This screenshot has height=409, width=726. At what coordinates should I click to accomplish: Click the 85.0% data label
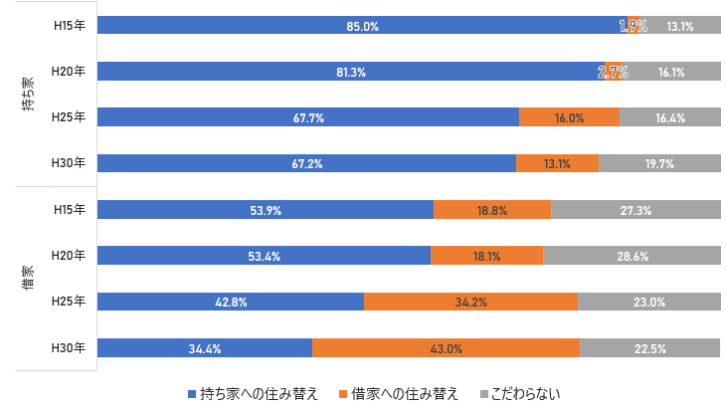coord(363,27)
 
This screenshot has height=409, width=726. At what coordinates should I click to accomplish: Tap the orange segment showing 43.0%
coord(446,348)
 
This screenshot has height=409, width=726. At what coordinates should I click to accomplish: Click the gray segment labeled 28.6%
coord(632,257)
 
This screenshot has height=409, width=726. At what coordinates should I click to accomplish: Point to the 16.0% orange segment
coord(569,118)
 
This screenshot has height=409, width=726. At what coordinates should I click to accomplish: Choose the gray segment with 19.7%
coord(658,164)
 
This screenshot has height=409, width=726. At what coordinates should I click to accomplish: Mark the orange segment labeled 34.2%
coord(470,303)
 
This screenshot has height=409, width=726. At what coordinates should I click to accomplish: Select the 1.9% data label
coord(633,27)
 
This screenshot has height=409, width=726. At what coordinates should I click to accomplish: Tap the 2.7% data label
coord(613,73)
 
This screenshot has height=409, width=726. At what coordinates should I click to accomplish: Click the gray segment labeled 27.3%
coord(635,210)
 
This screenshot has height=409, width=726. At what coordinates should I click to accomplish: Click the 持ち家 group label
coord(29,95)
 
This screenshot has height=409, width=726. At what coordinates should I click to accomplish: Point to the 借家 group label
coord(29,279)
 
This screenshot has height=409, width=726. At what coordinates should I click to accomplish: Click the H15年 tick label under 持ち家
coord(69,27)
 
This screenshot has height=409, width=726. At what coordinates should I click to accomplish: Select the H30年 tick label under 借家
coord(69,348)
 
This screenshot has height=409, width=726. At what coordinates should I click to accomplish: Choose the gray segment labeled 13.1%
coord(680,27)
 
